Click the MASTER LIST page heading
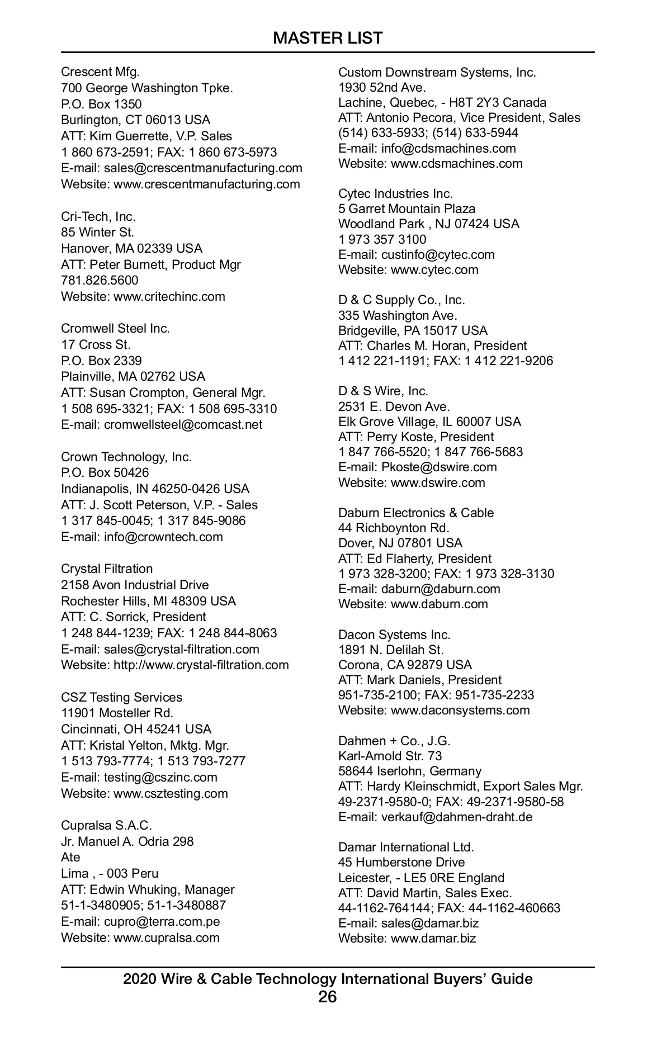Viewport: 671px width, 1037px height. click(328, 38)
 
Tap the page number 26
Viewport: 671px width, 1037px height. click(328, 996)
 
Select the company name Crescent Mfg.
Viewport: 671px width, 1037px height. click(100, 72)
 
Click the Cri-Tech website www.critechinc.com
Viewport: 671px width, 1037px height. click(169, 296)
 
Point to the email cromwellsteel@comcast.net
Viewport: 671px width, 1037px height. click(183, 424)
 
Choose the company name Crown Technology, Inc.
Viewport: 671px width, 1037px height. click(126, 457)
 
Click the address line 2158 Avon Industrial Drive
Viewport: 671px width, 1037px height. click(135, 585)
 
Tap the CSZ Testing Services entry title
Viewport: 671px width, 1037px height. click(121, 697)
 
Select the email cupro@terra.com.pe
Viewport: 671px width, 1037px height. click(162, 921)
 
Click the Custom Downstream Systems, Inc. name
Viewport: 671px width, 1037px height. click(437, 72)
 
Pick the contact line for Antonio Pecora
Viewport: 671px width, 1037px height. click(459, 117)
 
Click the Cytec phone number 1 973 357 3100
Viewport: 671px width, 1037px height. click(382, 239)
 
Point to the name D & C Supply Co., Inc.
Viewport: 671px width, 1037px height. click(401, 300)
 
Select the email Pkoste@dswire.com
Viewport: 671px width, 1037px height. click(439, 467)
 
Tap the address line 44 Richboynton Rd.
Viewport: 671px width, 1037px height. click(394, 528)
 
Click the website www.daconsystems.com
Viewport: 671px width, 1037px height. click(460, 710)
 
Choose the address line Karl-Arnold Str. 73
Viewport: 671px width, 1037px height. click(390, 756)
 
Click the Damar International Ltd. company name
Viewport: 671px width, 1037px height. click(406, 847)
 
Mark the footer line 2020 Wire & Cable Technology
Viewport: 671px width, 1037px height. click(328, 979)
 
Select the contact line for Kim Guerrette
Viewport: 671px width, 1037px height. click(147, 136)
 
